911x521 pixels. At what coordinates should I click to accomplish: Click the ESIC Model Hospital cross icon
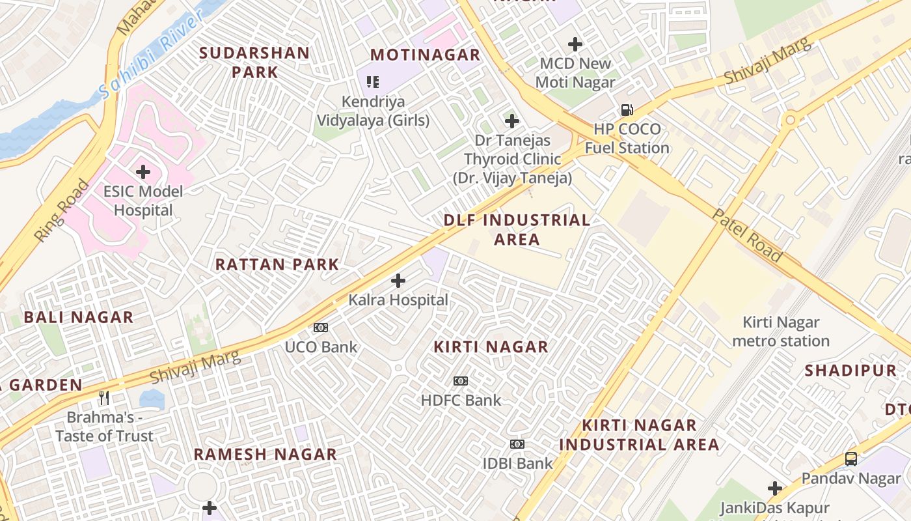(143, 172)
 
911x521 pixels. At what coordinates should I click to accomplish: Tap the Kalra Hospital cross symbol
(398, 281)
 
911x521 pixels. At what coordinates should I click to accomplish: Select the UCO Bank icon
(321, 328)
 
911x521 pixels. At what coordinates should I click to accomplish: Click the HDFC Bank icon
(461, 381)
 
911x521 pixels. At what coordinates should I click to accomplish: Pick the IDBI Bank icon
(517, 444)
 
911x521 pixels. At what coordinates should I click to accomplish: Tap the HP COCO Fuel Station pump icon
(627, 110)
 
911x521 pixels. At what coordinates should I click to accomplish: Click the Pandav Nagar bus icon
(851, 459)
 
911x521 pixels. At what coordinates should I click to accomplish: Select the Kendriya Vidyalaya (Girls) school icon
(373, 82)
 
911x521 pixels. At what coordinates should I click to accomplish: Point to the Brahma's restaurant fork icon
(104, 397)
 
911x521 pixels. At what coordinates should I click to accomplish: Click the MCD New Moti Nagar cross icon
(575, 44)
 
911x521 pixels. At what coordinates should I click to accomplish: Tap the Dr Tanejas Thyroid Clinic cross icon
(512, 121)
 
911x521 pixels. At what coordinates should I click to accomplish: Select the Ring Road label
(62, 211)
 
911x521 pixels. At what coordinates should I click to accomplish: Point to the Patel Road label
(747, 235)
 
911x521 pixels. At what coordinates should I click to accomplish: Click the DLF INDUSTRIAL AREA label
(517, 229)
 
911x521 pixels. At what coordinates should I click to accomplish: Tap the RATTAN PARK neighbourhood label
(277, 264)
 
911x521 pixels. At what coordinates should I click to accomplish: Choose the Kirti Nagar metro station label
(781, 331)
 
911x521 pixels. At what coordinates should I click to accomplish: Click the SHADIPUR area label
(850, 371)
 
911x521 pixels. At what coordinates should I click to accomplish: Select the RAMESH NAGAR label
(265, 454)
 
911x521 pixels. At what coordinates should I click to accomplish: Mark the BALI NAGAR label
(79, 317)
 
